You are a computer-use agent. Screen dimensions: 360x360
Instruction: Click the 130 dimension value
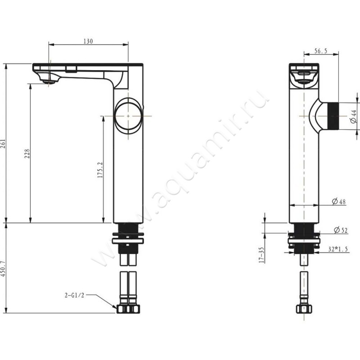[88, 41]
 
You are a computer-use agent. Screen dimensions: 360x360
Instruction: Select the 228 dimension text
[27, 154]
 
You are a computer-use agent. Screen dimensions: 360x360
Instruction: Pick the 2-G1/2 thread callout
[74, 296]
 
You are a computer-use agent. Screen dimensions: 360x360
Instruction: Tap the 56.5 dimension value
[320, 52]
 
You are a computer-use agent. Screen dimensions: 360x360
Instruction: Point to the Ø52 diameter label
[340, 230]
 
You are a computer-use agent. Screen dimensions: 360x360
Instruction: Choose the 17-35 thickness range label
[261, 255]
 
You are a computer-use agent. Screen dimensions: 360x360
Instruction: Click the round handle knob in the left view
[128, 116]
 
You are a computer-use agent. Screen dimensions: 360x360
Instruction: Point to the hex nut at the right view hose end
[304, 309]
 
